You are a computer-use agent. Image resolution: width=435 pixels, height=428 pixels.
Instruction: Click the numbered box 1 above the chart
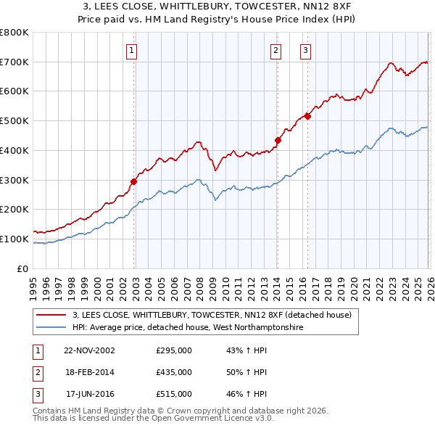tap(131, 50)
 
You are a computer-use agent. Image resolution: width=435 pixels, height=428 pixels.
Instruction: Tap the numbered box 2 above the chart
tap(276, 50)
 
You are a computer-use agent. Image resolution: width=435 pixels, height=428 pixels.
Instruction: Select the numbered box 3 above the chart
tap(306, 50)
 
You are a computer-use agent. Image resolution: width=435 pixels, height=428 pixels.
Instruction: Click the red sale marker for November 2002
tap(134, 181)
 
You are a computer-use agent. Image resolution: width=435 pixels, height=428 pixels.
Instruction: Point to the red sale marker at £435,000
tap(278, 140)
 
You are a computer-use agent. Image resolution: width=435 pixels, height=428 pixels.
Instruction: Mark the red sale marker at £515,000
tap(307, 116)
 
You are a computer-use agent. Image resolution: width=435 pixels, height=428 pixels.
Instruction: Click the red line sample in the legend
tap(51, 315)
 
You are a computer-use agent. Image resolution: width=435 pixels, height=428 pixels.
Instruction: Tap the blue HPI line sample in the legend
tap(51, 327)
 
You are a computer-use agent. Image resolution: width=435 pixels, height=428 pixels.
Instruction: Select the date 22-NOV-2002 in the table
tap(89, 350)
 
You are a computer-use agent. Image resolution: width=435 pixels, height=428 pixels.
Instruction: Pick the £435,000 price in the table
tap(174, 372)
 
